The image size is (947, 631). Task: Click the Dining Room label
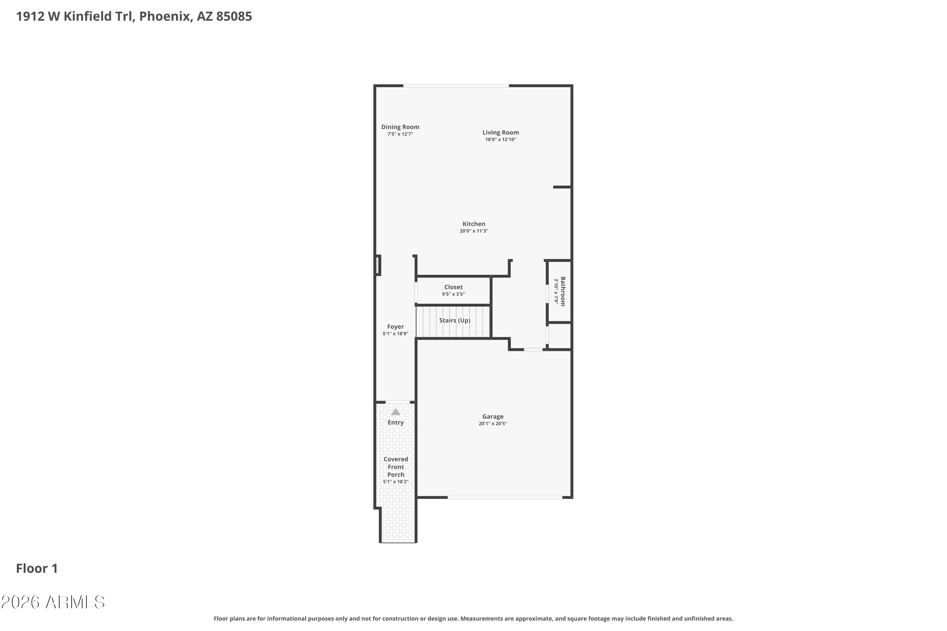[400, 127]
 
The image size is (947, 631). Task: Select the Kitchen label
[473, 224]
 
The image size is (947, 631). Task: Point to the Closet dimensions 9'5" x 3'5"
[453, 294]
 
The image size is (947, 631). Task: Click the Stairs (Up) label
[454, 320]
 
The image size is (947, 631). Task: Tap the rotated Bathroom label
[563, 291]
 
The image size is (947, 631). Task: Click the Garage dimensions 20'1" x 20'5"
[492, 423]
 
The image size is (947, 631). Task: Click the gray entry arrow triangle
[396, 412]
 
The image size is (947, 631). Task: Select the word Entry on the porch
[396, 422]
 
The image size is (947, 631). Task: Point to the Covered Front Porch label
[396, 467]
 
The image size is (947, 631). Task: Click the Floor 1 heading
[37, 568]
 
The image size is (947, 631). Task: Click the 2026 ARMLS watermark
[53, 602]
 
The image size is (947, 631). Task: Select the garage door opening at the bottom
[504, 498]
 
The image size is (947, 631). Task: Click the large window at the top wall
[456, 86]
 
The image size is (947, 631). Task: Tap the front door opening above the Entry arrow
[397, 402]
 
